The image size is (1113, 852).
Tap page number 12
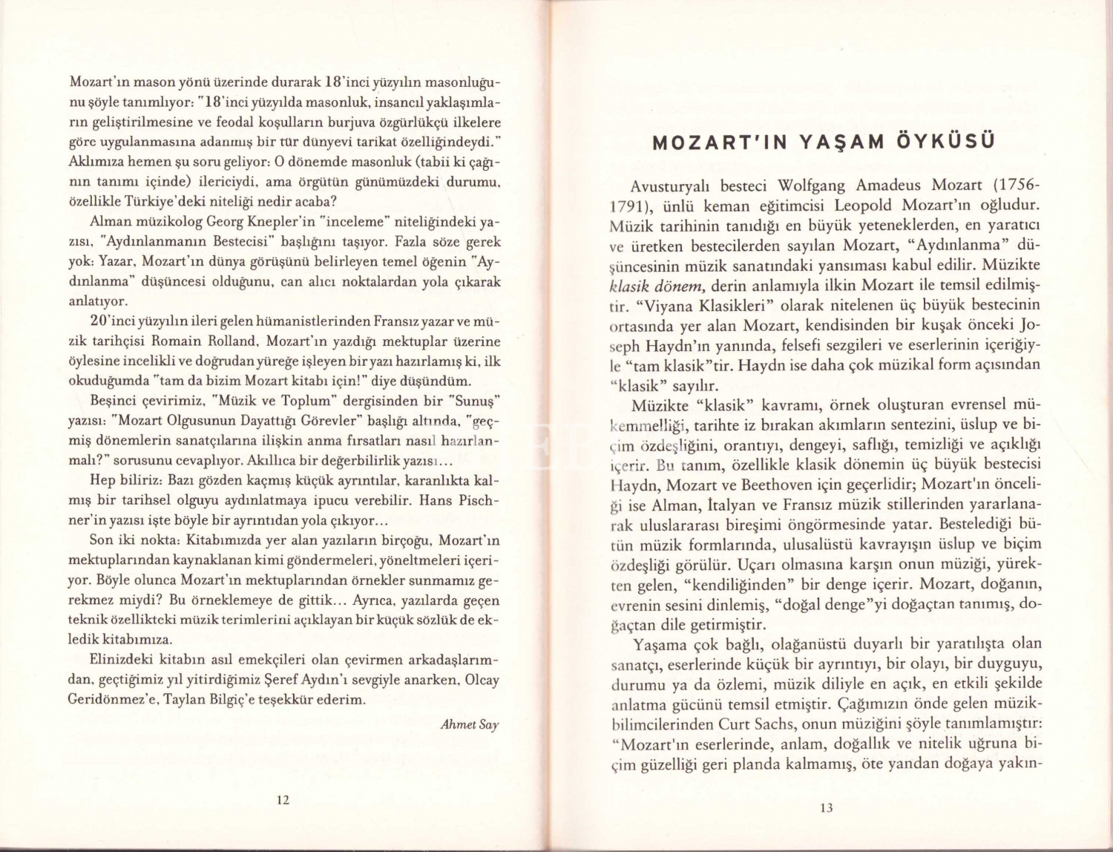pos(283,799)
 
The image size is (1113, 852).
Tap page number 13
pos(827,808)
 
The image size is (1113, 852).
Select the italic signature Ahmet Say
pos(470,724)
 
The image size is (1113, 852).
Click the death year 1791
pos(621,205)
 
